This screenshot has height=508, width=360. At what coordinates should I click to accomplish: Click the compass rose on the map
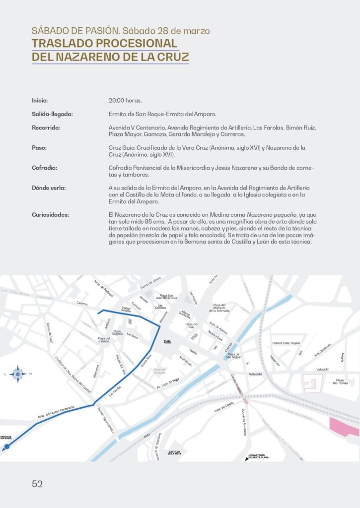18,374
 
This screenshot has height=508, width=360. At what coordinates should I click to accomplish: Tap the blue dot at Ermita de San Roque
7,446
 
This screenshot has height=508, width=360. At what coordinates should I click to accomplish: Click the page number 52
37,484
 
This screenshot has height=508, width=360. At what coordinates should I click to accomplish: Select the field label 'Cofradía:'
44,168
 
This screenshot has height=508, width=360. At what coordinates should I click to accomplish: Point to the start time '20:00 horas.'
125,100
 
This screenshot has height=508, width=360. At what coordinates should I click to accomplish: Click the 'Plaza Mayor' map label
167,341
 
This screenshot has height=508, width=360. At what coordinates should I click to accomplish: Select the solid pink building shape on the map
343,426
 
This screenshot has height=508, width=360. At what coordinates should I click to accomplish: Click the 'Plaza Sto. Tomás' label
340,381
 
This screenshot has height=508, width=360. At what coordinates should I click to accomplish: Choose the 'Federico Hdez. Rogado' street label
286,343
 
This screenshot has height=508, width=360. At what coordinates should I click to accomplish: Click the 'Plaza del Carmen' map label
103,339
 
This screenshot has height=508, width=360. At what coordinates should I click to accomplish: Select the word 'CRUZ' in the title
173,57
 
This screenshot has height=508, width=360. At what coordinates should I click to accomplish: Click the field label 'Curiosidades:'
50,215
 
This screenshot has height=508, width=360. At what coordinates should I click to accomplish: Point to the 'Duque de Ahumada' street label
244,422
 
